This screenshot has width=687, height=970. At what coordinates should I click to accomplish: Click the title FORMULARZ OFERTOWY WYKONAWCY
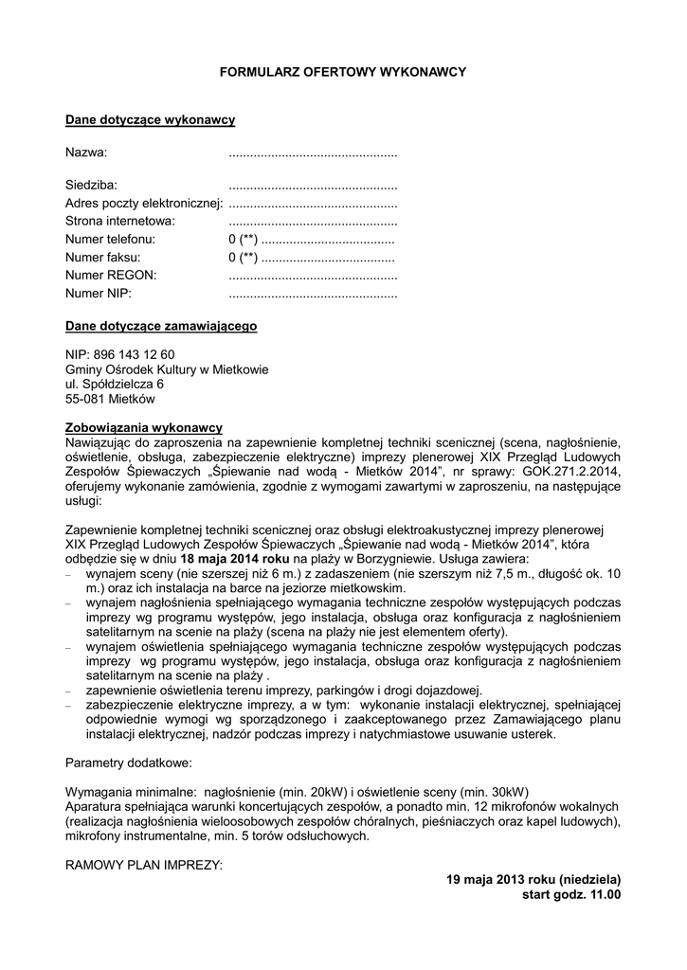pyautogui.click(x=343, y=72)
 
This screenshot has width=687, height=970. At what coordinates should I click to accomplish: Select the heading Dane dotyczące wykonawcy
pyautogui.click(x=150, y=120)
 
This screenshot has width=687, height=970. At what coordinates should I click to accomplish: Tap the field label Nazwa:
pyautogui.click(x=86, y=153)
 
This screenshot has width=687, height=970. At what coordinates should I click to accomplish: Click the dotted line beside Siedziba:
pyautogui.click(x=313, y=186)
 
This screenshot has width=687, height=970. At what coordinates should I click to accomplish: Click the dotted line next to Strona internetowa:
pyautogui.click(x=313, y=221)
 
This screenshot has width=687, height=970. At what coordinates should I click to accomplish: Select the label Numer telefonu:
pyautogui.click(x=110, y=239)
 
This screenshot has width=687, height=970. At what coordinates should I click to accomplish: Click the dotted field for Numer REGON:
pyautogui.click(x=313, y=275)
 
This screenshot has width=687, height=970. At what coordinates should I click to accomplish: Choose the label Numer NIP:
pyautogui.click(x=99, y=293)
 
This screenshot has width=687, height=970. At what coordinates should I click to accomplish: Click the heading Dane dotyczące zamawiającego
pyautogui.click(x=161, y=327)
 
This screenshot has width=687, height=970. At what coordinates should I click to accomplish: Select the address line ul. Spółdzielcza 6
pyautogui.click(x=115, y=384)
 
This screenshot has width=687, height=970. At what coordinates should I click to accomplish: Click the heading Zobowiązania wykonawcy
pyautogui.click(x=143, y=427)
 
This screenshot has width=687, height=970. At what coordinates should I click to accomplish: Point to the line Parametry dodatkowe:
pyautogui.click(x=128, y=763)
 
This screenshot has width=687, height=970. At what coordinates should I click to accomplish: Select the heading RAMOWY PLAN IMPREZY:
pyautogui.click(x=144, y=865)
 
